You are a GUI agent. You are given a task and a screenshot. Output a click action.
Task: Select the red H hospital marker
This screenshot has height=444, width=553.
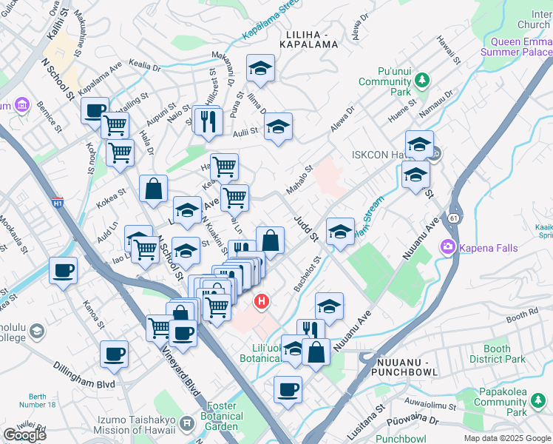coord(261,301)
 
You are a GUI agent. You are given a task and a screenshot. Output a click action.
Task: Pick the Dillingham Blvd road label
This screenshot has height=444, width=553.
coord(84,374)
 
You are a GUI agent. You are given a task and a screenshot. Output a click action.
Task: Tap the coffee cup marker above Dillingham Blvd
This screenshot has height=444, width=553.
coord(114,355)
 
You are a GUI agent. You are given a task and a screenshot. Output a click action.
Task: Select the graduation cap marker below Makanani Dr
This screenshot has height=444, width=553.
coord(260,69)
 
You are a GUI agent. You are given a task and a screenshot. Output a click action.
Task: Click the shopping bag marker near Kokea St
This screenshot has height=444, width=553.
coord(153,189)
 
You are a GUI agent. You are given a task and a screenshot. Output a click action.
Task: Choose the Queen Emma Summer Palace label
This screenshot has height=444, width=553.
coord(517,47)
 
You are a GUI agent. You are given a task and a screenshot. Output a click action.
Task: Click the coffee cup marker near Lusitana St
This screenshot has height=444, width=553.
coord(288,388)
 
